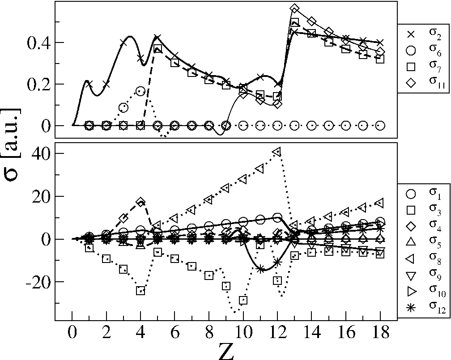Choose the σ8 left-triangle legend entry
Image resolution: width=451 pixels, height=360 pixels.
point(411,260)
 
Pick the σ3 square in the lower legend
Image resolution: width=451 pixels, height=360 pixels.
point(411,211)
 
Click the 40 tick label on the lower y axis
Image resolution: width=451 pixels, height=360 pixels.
point(40,153)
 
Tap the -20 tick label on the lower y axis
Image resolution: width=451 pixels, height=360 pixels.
point(38,282)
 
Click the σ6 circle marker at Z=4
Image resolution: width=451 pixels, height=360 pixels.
point(140,91)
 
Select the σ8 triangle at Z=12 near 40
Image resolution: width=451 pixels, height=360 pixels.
point(277,151)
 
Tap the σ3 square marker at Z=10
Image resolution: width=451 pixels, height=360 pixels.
point(243,300)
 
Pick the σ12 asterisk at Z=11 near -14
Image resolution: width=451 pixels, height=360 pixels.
point(260,269)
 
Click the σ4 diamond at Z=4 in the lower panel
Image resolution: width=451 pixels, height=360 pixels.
point(140,202)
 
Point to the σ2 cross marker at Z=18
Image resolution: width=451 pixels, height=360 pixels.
point(380,42)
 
